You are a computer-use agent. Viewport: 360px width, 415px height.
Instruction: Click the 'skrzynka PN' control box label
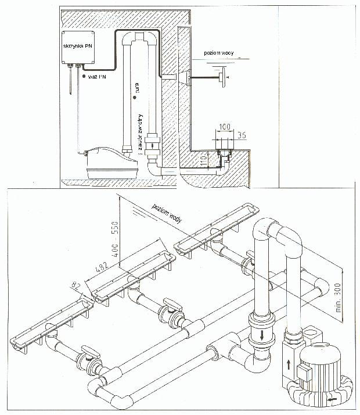(77, 44)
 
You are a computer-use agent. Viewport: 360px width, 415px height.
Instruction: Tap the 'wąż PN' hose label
(95, 76)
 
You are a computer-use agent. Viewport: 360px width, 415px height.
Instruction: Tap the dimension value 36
(243, 135)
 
